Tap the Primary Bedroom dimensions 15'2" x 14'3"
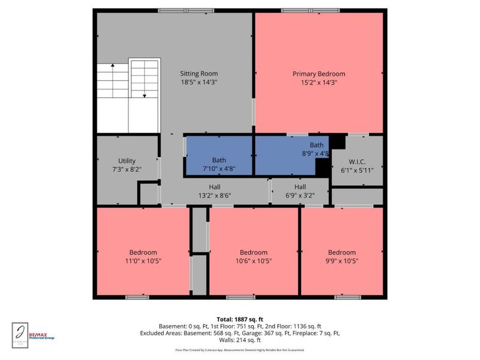pos(319,82)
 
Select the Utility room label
pos(127,161)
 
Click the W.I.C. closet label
pos(357,161)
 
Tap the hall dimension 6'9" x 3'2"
pos(300,195)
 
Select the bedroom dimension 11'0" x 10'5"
pos(143,261)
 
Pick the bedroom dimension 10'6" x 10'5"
pos(253,261)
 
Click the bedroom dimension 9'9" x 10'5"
pos(341,261)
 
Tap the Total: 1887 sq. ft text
pos(239,319)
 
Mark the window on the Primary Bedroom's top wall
pos(300,10)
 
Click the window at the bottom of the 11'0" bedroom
pos(137,297)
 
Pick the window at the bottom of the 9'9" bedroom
pos(347,297)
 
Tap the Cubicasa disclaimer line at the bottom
pos(239,349)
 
